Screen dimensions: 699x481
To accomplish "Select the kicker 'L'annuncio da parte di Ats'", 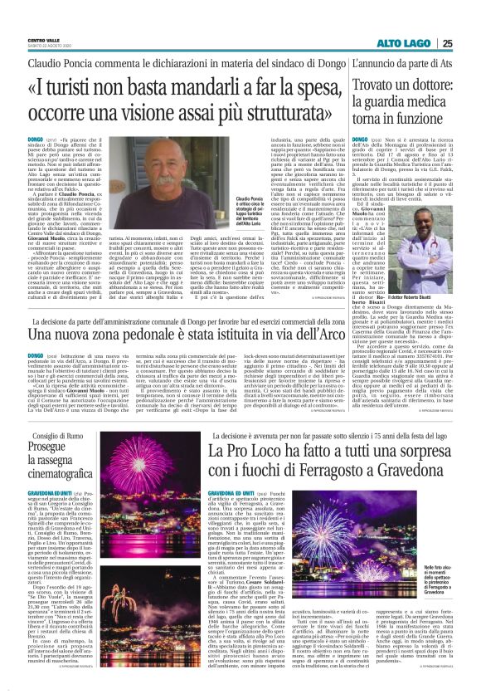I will (401, 62).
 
